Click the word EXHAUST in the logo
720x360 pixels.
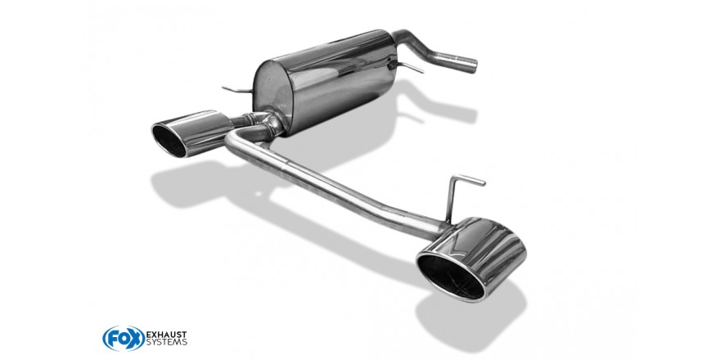tap(166, 335)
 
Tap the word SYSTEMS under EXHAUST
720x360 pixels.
tap(167, 343)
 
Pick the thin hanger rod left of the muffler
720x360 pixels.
tap(237, 89)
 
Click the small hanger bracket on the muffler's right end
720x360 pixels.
tap(404, 67)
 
